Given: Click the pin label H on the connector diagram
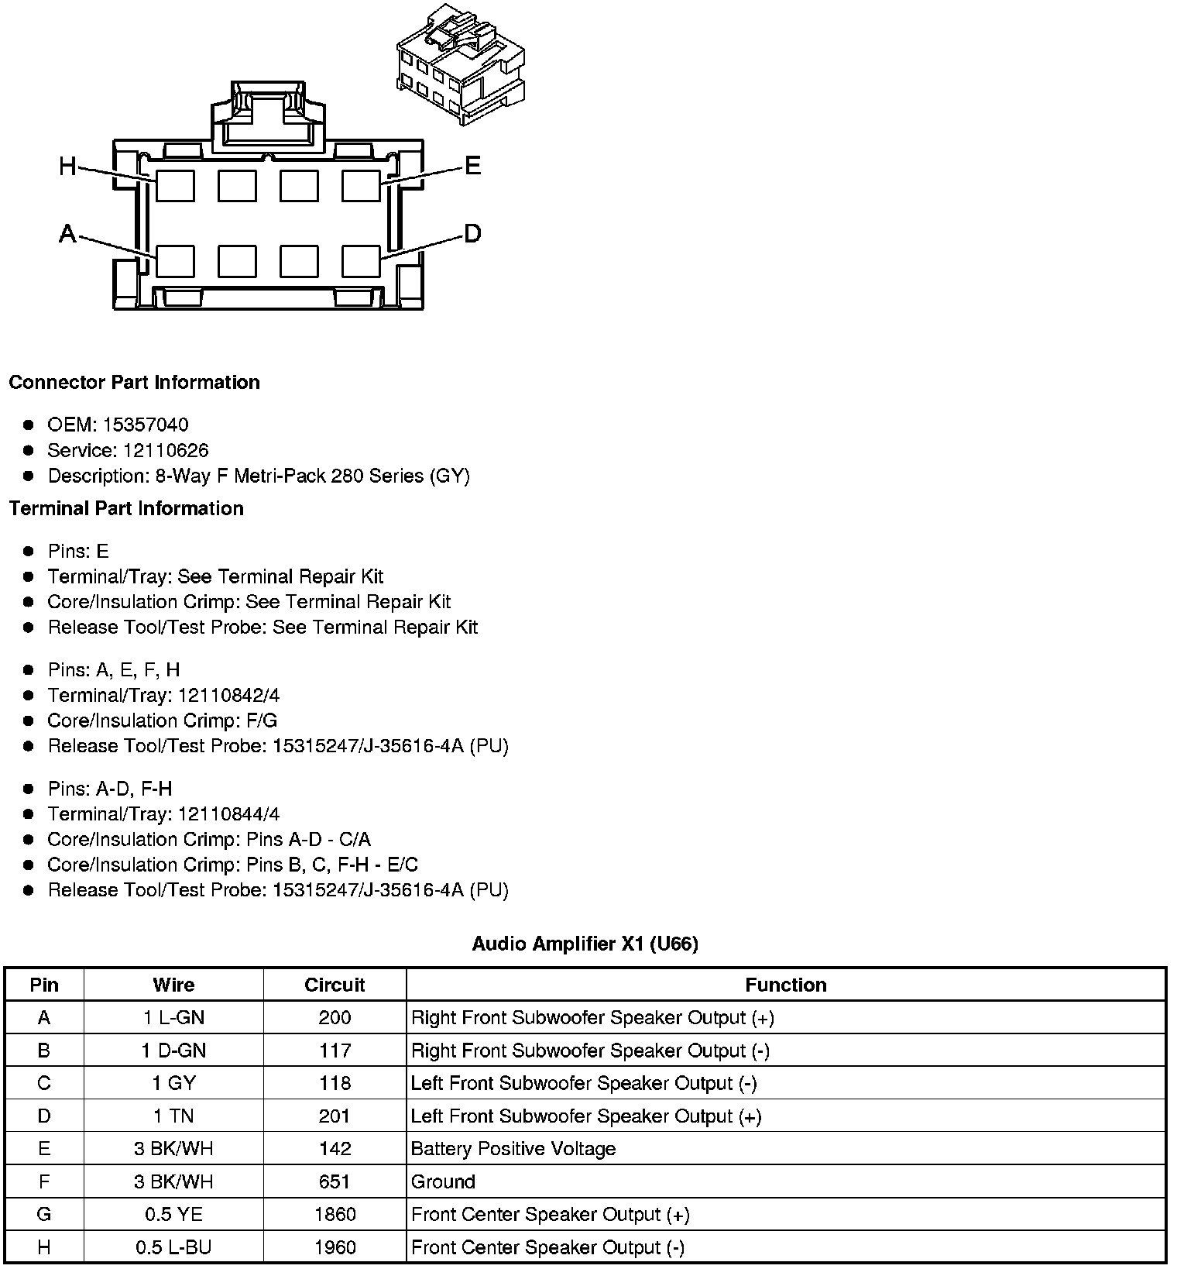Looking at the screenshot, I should [68, 166].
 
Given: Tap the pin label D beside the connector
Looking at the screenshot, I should [472, 233].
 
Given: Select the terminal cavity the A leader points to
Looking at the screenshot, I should [175, 262].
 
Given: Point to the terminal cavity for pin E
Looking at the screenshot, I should [361, 186].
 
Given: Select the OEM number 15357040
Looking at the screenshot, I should [146, 425].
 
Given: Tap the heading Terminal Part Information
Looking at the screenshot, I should [126, 508].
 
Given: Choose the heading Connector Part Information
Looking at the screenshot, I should [134, 383].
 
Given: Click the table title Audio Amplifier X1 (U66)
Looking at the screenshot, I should [585, 944].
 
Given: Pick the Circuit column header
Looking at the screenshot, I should [335, 985].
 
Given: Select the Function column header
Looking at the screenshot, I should [785, 985].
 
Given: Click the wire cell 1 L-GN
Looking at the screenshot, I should [173, 1018].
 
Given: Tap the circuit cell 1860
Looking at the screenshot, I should [335, 1214].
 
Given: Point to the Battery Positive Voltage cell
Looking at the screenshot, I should [513, 1149].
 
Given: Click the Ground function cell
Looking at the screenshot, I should [443, 1181].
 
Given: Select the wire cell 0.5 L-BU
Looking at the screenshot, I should [173, 1247].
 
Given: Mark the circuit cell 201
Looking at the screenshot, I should [335, 1116].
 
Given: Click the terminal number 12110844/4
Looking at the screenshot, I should [229, 814].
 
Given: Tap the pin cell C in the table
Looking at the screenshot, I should [44, 1083].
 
